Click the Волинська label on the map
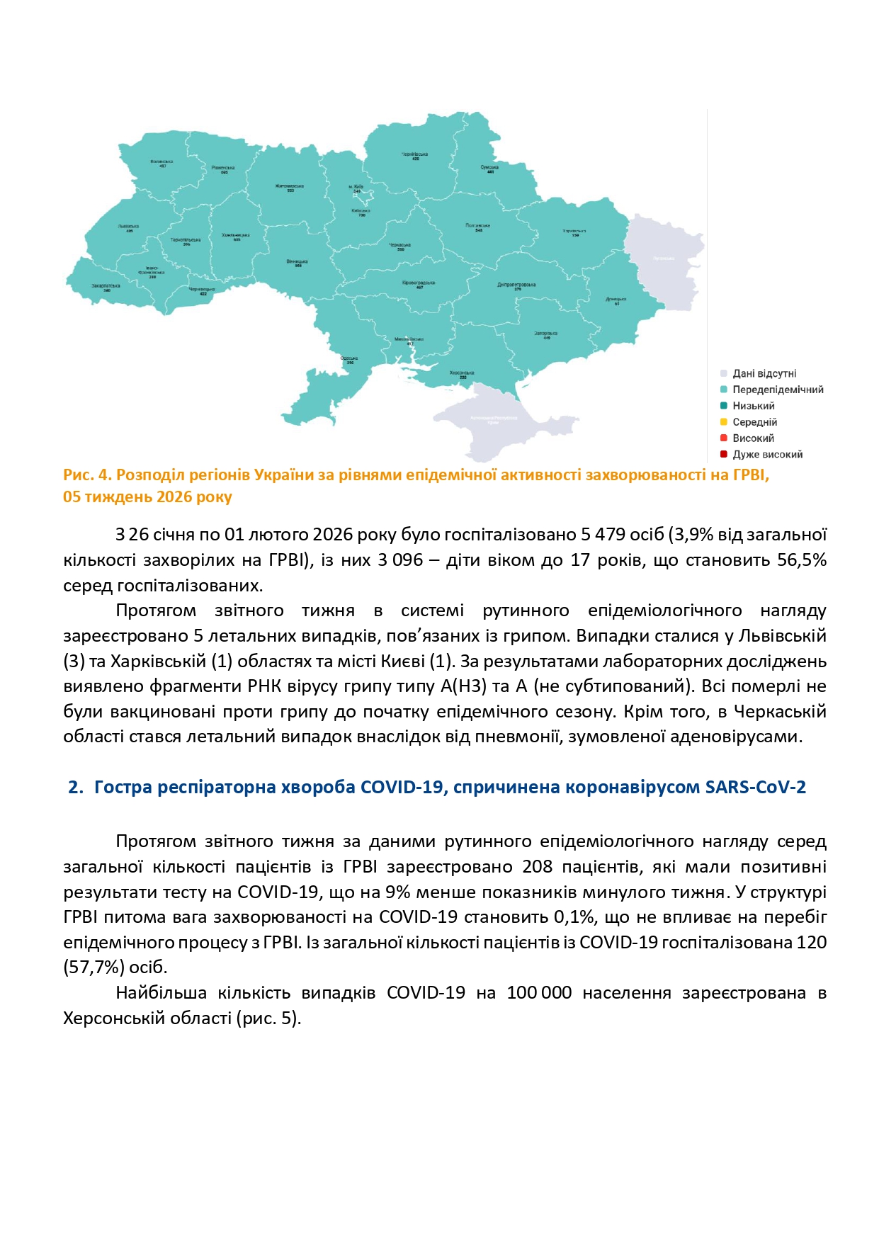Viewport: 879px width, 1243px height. [x=162, y=162]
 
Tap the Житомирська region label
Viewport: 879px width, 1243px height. [x=290, y=187]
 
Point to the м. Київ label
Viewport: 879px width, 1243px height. [x=356, y=188]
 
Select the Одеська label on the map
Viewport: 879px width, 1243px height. [x=348, y=359]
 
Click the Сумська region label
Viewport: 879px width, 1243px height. [x=489, y=169]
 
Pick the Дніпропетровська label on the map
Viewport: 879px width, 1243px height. [x=516, y=285]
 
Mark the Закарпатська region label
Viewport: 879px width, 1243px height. [x=106, y=287]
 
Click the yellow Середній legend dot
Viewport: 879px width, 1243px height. [x=724, y=422]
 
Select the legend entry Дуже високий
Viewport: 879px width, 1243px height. [x=767, y=455]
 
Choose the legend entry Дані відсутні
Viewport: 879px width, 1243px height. [x=764, y=373]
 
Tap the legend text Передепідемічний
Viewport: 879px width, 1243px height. [x=778, y=390]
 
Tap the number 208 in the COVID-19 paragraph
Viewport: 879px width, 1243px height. [x=537, y=867]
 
